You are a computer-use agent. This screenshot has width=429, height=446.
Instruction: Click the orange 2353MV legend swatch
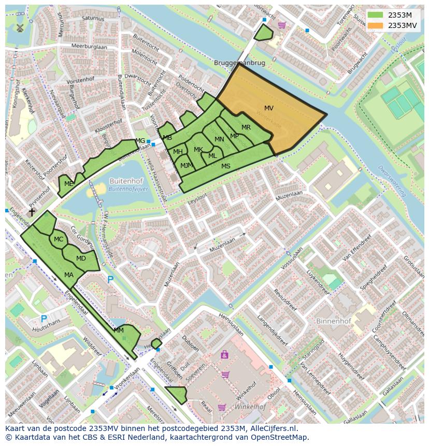pyautogui.click(x=376, y=25)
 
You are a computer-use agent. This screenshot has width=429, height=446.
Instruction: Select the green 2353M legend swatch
pyautogui.click(x=376, y=15)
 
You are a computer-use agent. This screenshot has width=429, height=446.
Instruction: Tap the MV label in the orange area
pyautogui.click(x=268, y=108)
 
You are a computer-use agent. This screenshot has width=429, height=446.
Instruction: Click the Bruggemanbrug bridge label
pyautogui.click(x=239, y=63)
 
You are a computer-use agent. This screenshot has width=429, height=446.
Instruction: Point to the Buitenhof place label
pyautogui.click(x=124, y=181)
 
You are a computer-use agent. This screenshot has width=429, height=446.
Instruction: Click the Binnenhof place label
pyautogui.click(x=333, y=321)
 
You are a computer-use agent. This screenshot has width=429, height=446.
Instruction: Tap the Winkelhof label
pyautogui.click(x=250, y=407)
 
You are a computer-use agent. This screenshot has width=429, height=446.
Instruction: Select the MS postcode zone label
pyautogui.click(x=226, y=166)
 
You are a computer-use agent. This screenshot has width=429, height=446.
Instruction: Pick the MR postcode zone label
pyautogui.click(x=246, y=127)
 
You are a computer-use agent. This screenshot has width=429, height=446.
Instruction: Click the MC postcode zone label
pyautogui.click(x=59, y=239)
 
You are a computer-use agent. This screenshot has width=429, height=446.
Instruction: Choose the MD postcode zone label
pyautogui.click(x=81, y=258)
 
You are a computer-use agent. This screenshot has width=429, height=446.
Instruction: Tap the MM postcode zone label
pyautogui.click(x=119, y=330)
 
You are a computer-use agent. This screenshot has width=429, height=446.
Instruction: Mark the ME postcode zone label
pyautogui.click(x=68, y=183)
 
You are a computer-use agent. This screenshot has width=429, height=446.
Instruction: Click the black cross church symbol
pyautogui.click(x=32, y=212)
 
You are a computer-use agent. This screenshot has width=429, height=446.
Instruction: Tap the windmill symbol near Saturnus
pyautogui.click(x=20, y=28)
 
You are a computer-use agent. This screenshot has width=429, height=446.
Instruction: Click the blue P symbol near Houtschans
pyautogui.click(x=44, y=319)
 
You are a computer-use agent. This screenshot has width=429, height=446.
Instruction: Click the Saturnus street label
pyautogui.click(x=93, y=18)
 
